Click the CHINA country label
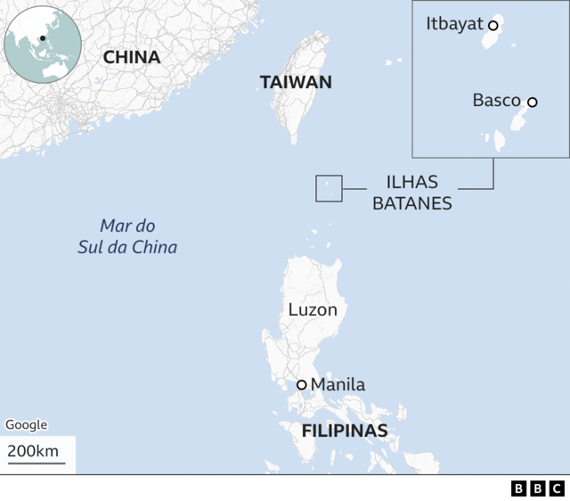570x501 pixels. [132, 57]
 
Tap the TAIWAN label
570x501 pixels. [296, 82]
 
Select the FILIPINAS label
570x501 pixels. [345, 431]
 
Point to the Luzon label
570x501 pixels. [313, 310]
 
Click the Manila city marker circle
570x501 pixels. [302, 385]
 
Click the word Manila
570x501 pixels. [338, 385]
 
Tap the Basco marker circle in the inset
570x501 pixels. [533, 103]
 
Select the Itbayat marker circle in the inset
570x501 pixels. [493, 26]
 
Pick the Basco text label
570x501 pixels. [496, 100]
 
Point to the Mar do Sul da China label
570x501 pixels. [126, 236]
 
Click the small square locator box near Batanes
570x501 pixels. [329, 188]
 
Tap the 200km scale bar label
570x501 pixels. [33, 451]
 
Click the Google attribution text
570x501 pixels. [26, 425]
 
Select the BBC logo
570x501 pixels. [538, 488]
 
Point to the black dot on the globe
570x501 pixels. [42, 38]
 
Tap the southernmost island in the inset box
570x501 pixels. [498, 141]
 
